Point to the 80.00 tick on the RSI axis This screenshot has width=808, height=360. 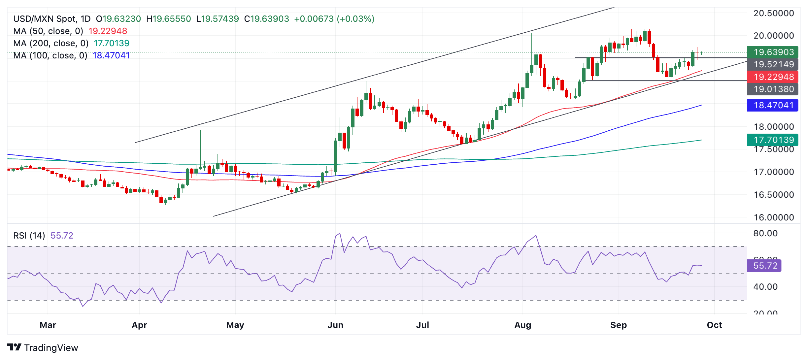[765, 233]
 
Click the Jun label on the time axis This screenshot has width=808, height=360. [335, 325]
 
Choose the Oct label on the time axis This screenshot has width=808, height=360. [714, 325]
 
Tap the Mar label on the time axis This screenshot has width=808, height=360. [48, 325]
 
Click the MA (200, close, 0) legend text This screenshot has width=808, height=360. [51, 43]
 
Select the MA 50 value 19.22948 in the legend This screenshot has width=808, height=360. [108, 31]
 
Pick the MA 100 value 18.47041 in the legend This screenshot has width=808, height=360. [111, 55]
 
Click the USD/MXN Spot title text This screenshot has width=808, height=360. [51, 19]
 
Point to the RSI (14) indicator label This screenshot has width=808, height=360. [29, 236]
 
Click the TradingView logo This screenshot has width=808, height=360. [43, 347]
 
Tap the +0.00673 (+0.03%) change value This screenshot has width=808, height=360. [334, 19]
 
